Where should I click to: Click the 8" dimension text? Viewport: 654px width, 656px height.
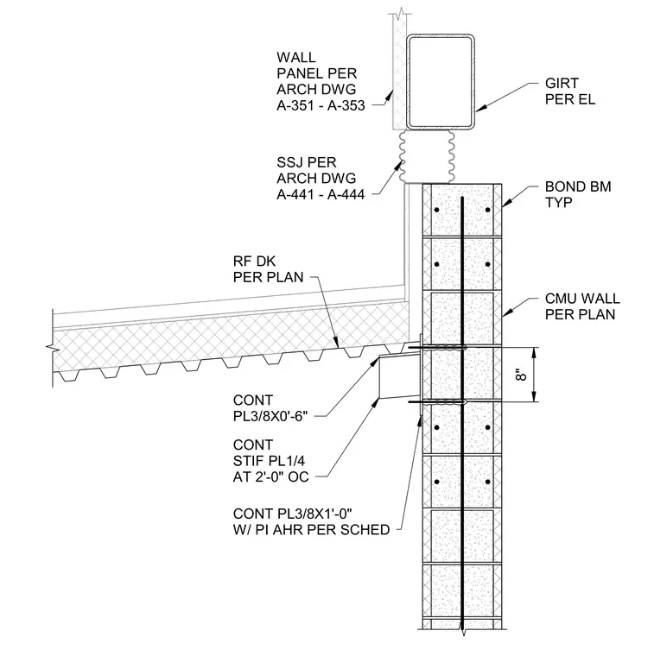[x=520, y=375]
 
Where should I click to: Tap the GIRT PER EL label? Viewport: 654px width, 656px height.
[x=570, y=91]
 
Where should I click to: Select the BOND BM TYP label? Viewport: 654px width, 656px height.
[x=578, y=194]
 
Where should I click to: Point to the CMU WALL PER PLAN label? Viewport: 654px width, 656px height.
[x=582, y=306]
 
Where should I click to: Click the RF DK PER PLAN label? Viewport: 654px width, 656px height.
[x=268, y=269]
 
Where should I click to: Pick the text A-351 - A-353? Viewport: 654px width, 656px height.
[x=321, y=105]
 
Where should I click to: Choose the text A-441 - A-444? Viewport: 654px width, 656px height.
[x=321, y=194]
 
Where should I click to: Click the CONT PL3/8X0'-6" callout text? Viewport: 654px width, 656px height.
[x=270, y=408]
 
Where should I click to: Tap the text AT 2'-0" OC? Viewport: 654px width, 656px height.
[x=271, y=476]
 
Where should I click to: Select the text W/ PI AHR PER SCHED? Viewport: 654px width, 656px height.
[x=312, y=530]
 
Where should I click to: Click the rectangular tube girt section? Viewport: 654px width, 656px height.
[x=440, y=82]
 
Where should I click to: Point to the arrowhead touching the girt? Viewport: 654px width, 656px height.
[x=481, y=108]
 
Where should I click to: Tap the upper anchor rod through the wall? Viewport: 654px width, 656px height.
[x=437, y=347]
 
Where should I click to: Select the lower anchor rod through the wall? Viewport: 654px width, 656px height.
[x=437, y=402]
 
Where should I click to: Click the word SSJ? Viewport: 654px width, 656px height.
[x=290, y=162]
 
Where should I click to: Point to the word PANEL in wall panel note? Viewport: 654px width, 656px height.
[x=300, y=73]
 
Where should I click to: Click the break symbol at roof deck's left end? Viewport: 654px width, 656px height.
[x=51, y=347]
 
